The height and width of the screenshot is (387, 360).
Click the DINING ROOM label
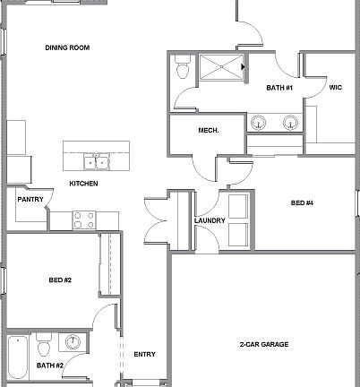[x=67, y=47]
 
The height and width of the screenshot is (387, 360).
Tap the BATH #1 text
[x=280, y=88]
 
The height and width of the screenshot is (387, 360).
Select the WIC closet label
[x=336, y=88]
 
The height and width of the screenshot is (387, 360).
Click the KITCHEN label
[x=84, y=184]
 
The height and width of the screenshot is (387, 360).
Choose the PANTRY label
[x=30, y=200]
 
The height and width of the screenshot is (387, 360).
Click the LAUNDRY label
[x=209, y=220]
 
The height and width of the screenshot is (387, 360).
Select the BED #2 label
[x=60, y=280]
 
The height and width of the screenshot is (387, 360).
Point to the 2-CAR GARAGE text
[x=262, y=345]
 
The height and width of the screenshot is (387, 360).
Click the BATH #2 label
[x=49, y=365]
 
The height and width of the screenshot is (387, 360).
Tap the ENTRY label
[x=144, y=354]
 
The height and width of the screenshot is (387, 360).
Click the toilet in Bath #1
[x=183, y=68]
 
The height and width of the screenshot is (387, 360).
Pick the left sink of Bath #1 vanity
[x=260, y=122]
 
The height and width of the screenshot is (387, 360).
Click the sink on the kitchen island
[x=97, y=162]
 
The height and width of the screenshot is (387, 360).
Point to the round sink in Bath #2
[x=73, y=343]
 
